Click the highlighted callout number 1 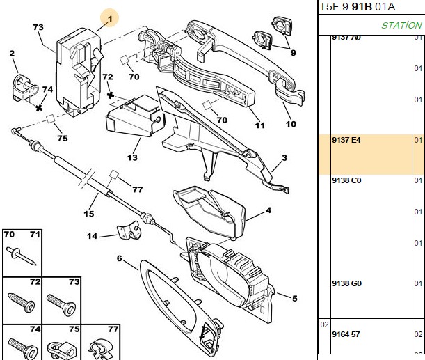click(x=110, y=19)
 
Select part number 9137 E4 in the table click(x=346, y=140)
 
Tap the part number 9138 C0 click(x=346, y=180)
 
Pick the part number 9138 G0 click(x=346, y=283)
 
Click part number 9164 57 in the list click(x=346, y=334)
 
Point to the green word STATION click(x=401, y=25)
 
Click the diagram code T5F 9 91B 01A click(x=358, y=7)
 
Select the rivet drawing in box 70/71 click(x=21, y=256)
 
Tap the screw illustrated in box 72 click(x=22, y=302)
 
